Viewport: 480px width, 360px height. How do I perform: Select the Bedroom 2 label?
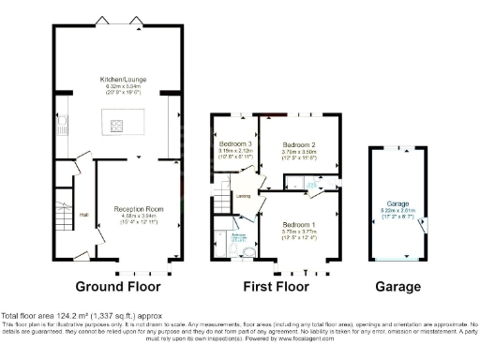click(298, 144)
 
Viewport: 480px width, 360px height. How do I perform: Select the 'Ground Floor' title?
click(118, 286)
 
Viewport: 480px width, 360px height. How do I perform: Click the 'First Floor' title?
click(276, 286)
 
